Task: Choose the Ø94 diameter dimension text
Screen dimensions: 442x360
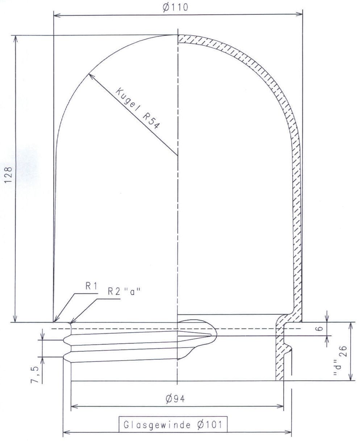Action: pos(176,399)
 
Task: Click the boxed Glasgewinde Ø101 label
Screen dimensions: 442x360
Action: pos(173,425)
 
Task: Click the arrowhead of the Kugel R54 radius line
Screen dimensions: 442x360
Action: pos(89,75)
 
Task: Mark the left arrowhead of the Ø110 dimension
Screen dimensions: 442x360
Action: pos(55,15)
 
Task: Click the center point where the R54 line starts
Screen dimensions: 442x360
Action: pos(177,156)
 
